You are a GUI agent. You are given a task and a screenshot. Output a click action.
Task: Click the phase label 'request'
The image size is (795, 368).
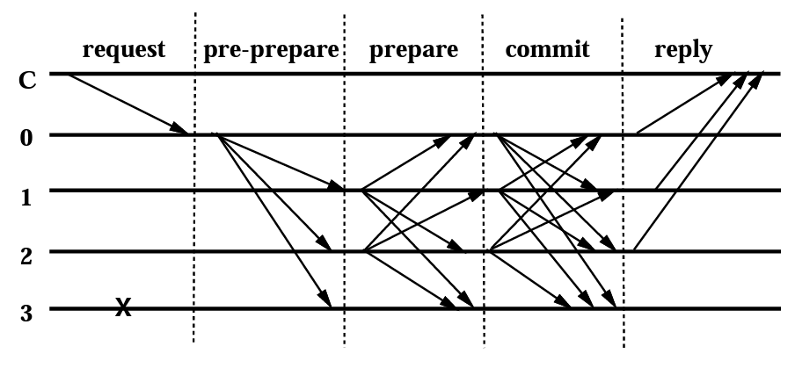click(123, 49)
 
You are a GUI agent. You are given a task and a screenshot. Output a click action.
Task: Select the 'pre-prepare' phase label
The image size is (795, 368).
click(271, 49)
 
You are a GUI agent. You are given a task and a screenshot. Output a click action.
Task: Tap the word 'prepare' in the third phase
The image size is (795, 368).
click(413, 49)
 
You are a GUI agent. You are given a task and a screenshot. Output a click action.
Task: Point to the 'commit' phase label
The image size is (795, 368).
click(547, 49)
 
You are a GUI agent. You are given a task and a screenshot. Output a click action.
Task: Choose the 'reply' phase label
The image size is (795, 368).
click(682, 49)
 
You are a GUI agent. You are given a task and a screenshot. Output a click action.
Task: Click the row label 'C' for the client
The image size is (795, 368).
click(27, 81)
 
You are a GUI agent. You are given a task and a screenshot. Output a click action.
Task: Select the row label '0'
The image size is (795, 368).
click(27, 138)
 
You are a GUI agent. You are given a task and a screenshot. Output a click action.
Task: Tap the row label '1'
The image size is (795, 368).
click(27, 194)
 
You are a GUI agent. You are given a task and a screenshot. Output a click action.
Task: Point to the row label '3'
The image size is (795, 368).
click(27, 312)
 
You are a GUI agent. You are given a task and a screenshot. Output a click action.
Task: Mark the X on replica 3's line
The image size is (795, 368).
click(124, 307)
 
